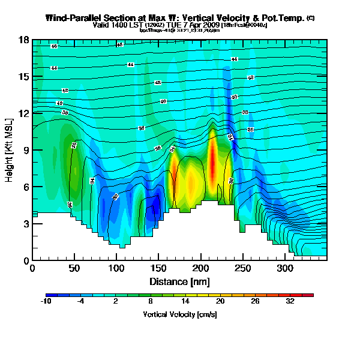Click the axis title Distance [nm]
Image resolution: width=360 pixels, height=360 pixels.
tap(179, 281)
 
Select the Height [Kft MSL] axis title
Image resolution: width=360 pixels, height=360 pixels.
tap(10, 150)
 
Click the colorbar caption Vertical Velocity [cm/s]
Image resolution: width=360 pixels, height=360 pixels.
tap(180, 314)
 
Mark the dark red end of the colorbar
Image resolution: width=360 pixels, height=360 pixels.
tap(310, 295)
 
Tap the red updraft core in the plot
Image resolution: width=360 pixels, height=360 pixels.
tap(212, 159)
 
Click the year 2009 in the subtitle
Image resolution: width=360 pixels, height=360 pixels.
tap(211, 25)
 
